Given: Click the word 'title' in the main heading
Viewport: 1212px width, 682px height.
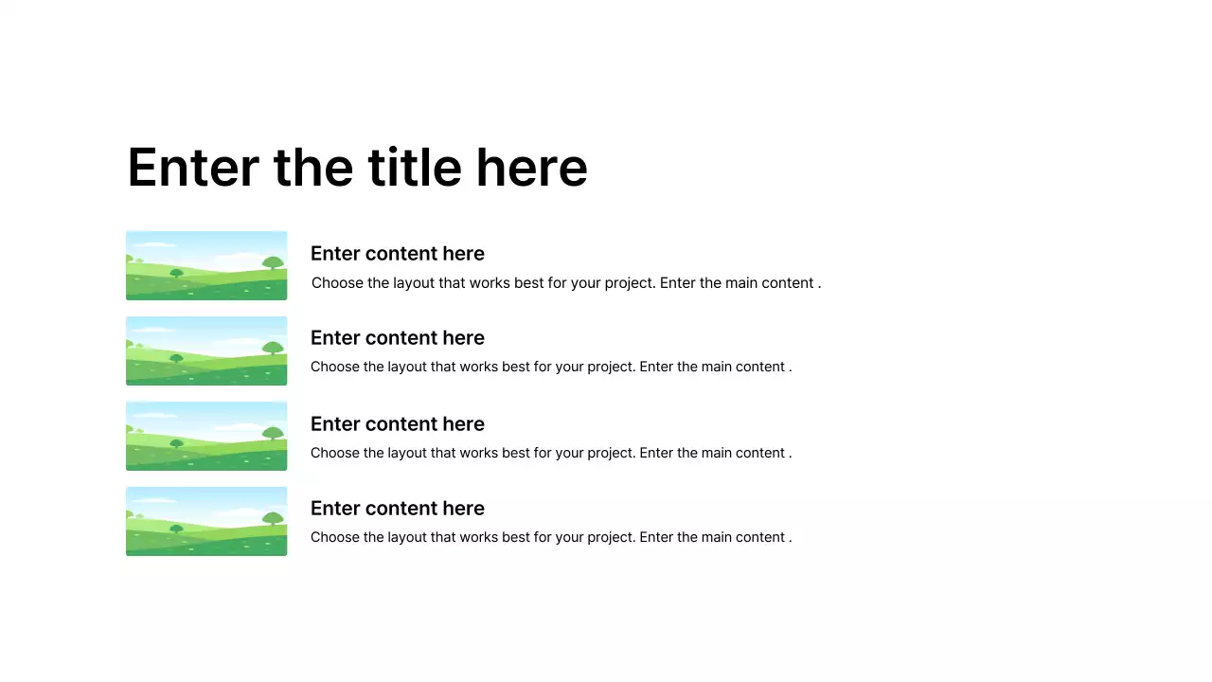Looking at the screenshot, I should coord(416,168).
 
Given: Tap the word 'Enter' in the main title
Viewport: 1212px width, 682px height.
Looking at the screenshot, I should coord(193,168).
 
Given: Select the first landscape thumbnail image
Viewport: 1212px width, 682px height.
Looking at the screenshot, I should coord(206,265).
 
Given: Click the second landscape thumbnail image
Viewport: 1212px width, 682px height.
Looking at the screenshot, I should coord(206,350).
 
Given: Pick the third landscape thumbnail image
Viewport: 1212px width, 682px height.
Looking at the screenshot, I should coord(206,436).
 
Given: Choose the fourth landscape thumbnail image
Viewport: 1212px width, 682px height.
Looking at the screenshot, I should coord(206,521).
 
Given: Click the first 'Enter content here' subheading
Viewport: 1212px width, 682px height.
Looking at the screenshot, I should coord(397,254).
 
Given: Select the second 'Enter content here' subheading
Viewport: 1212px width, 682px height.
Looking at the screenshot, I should coord(397,338).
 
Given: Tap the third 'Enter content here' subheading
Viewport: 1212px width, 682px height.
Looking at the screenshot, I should coord(397,424).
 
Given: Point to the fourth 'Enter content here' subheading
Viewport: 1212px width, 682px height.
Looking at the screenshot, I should coord(397,509).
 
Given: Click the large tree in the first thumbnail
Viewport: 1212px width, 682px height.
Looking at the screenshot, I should coord(273,262).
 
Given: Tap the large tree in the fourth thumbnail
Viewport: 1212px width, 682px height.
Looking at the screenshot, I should coord(273,518).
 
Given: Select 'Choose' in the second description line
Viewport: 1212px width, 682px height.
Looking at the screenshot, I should coord(334,368).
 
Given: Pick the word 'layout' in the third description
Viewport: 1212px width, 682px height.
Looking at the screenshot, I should coord(406,453).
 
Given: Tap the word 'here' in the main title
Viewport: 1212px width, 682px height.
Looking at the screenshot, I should coord(531,168).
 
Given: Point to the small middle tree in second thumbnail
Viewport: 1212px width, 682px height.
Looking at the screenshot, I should coord(176,357).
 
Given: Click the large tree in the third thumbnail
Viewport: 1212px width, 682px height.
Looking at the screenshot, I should coord(273,433).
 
